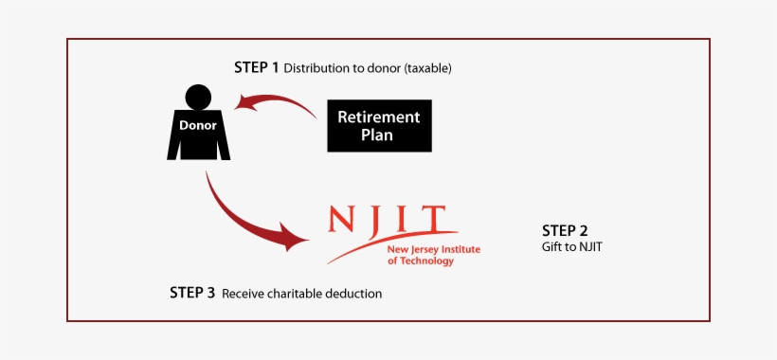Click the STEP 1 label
pyautogui.click(x=256, y=67)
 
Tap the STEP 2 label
pyautogui.click(x=565, y=230)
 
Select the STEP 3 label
pyautogui.click(x=192, y=293)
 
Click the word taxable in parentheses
pyautogui.click(x=426, y=68)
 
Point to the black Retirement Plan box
pyautogui.click(x=379, y=126)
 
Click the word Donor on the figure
pyautogui.click(x=198, y=125)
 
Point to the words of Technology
pyautogui.click(x=421, y=261)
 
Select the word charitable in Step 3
pyautogui.click(x=293, y=294)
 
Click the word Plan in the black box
pyautogui.click(x=378, y=135)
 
